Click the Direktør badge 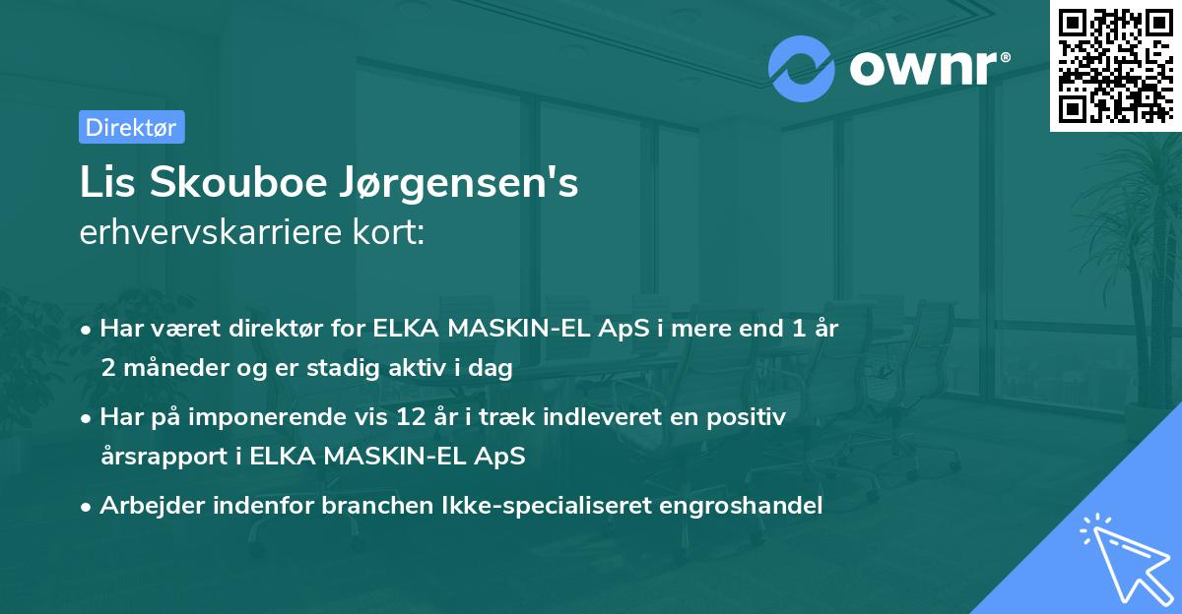click(131, 127)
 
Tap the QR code click(1115, 65)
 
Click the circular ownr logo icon click(802, 69)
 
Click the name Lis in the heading click(105, 184)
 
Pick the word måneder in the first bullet click(171, 368)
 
